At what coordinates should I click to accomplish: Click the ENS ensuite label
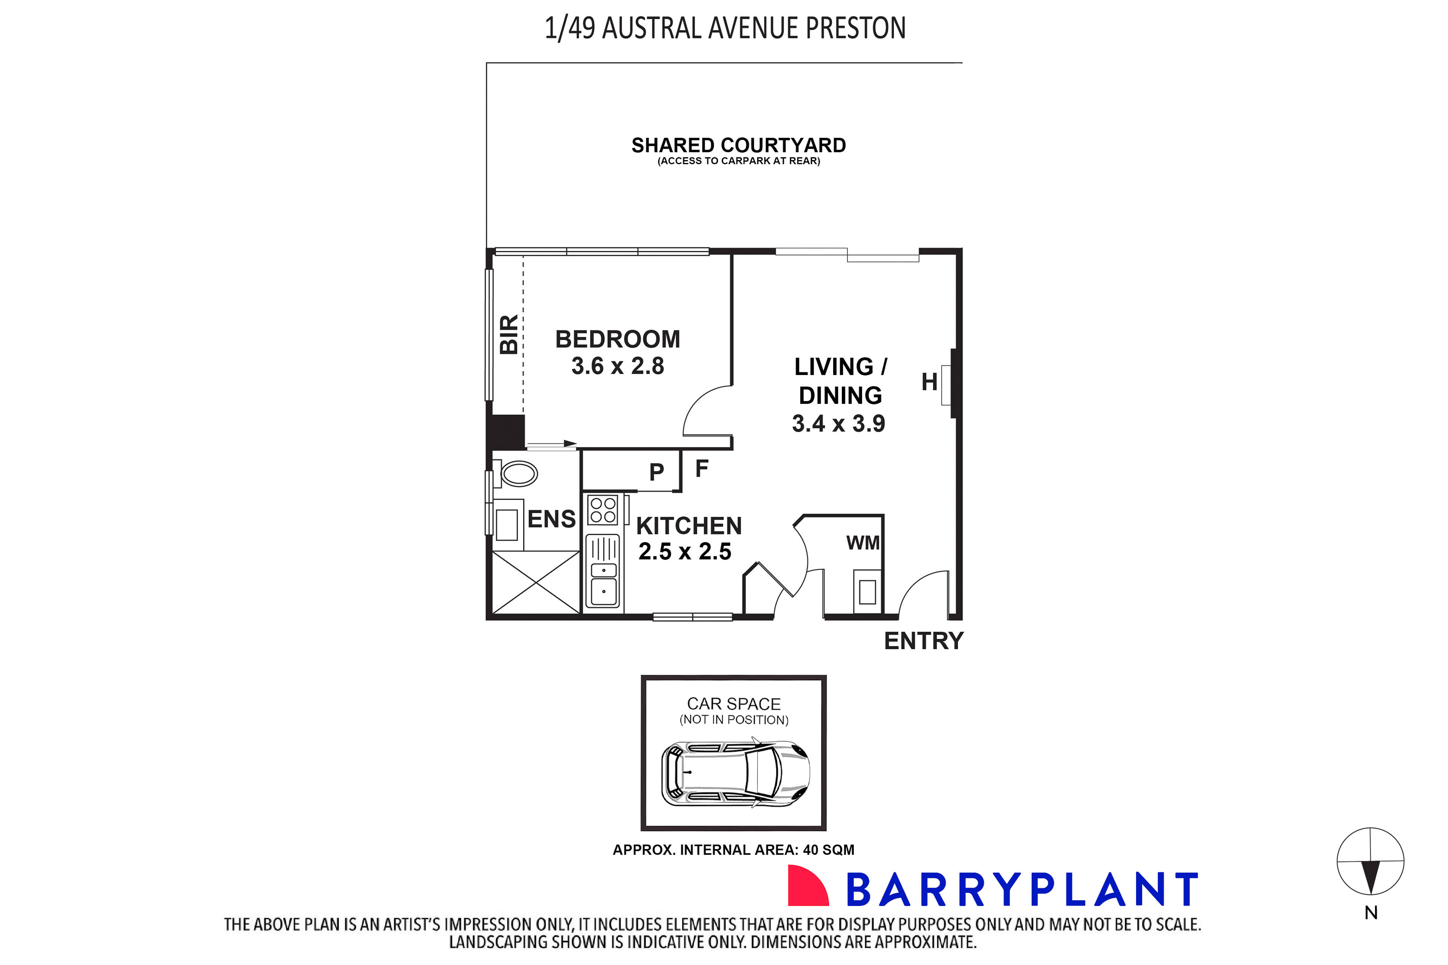pos(551,519)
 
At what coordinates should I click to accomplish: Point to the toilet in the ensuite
pos(519,474)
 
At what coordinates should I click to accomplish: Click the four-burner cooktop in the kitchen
pos(602,510)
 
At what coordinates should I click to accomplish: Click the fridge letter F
pos(702,468)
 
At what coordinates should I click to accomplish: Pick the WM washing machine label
pos(863,543)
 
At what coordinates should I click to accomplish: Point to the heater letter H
pos(929,382)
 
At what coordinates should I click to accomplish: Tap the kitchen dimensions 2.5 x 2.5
pos(684,551)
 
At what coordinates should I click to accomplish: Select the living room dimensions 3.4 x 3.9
pos(838,423)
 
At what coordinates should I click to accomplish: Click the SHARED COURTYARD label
pos(739,145)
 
